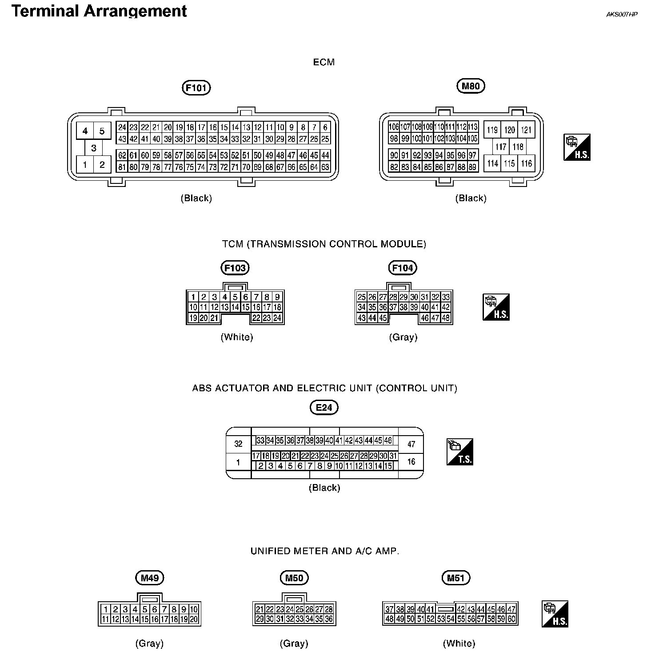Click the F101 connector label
[x=196, y=88]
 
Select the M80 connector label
[x=471, y=86]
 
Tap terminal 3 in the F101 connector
[x=93, y=148]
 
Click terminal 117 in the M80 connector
[x=501, y=147]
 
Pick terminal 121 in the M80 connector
[x=526, y=130]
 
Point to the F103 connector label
[x=235, y=268]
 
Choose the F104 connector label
[x=403, y=268]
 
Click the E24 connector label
[x=324, y=407]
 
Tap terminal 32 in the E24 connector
[x=239, y=444]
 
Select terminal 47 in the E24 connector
[x=411, y=444]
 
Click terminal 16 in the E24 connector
[x=411, y=462]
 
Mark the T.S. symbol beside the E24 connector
[x=460, y=452]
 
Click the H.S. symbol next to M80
[x=577, y=147]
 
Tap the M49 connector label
[x=150, y=578]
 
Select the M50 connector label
[x=294, y=578]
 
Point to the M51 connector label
[x=456, y=578]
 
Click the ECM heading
[x=323, y=62]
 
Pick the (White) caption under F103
[x=237, y=337]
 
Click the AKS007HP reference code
[x=622, y=14]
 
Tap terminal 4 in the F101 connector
[x=85, y=131]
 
